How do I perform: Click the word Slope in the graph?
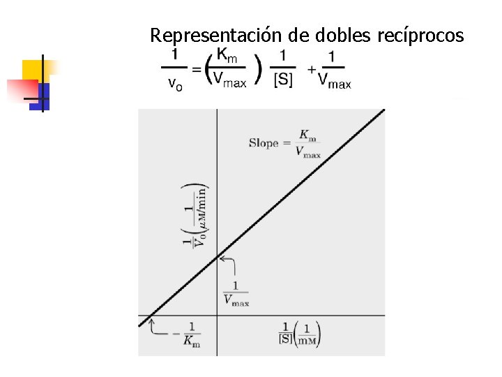pyautogui.click(x=264, y=144)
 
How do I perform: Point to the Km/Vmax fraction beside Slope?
pyautogui.click(x=307, y=143)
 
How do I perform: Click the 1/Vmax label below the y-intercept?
pyautogui.click(x=236, y=293)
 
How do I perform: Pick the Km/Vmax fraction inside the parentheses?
pyautogui.click(x=229, y=68)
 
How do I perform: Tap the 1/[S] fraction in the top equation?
pyautogui.click(x=282, y=68)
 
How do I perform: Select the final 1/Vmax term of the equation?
pyautogui.click(x=333, y=68)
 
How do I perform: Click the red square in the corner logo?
pyautogui.click(x=20, y=89)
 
